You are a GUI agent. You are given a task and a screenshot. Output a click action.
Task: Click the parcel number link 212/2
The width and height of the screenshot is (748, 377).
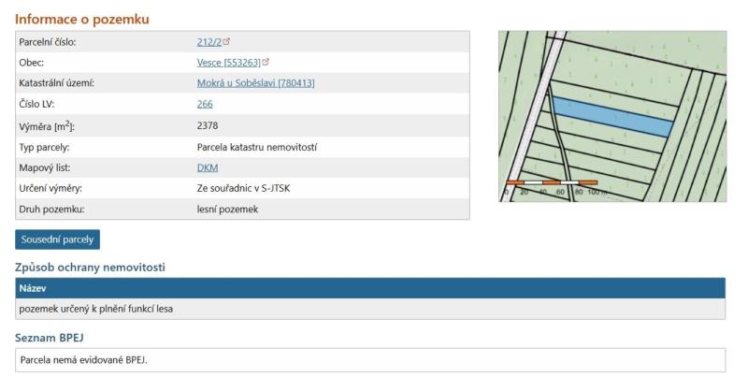209,42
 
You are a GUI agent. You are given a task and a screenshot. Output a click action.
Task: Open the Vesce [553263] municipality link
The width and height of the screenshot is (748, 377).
229,63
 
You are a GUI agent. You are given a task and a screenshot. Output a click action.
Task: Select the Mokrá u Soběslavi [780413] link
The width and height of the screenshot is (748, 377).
255,83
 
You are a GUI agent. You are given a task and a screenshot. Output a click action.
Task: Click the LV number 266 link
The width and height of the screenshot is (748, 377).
205,104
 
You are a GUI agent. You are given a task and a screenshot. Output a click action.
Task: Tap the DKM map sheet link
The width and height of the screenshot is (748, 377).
208,167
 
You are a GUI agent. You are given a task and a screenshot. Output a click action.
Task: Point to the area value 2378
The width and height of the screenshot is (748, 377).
208,125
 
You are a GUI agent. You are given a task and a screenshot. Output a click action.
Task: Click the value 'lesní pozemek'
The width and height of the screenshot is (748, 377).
227,209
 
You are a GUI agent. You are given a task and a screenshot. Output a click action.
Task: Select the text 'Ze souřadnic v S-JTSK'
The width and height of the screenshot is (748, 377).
243,188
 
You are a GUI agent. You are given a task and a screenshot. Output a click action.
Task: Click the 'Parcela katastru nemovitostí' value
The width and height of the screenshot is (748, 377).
256,147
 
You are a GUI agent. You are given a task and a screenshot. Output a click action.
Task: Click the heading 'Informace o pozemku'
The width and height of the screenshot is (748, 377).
82,19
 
